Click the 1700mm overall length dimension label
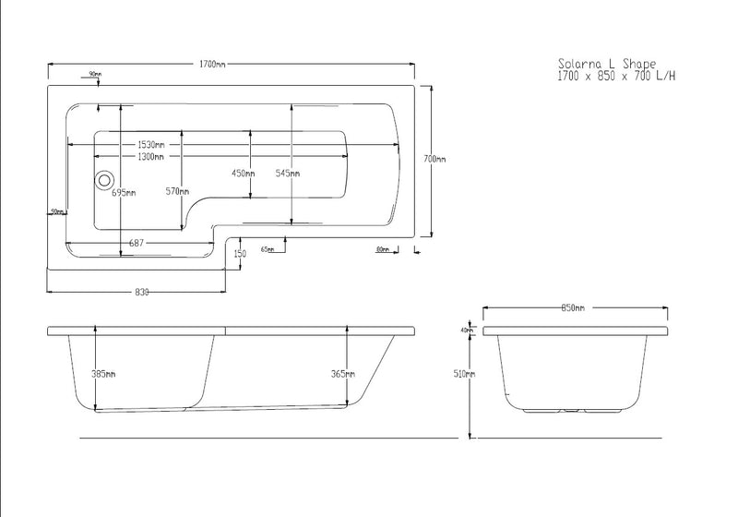coord(212,64)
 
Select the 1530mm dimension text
coord(151,145)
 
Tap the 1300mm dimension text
coord(151,158)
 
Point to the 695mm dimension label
coord(124,193)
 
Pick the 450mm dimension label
coord(243,174)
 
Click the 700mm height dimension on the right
coord(434,159)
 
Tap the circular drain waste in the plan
coord(104,181)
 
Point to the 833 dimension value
coord(142,292)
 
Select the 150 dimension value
coord(240,254)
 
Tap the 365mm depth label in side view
coord(342,374)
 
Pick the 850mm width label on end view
coord(573,308)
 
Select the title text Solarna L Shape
coord(607,63)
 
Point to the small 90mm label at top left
coord(95,74)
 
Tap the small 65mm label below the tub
coord(268,249)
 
